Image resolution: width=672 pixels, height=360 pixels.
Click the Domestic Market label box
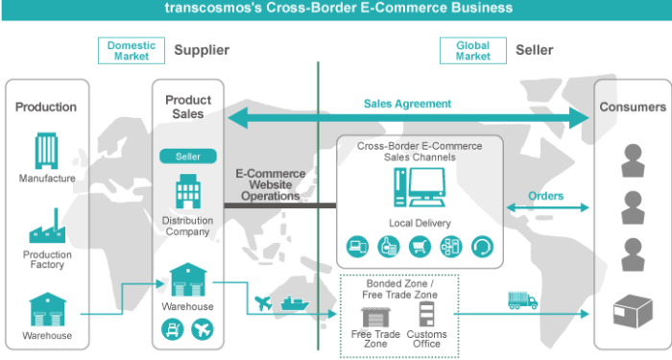tap(132, 51)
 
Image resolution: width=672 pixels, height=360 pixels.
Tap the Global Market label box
tap(472, 51)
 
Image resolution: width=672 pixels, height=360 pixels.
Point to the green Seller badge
tap(188, 156)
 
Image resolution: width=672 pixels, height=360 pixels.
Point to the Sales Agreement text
tap(407, 104)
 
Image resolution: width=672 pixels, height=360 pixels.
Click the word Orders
tap(546, 196)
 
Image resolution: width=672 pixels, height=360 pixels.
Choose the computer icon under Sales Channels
tap(419, 188)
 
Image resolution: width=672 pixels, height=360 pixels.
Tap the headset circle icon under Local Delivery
tap(481, 246)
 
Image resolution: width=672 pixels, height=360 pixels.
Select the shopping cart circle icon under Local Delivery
tap(419, 246)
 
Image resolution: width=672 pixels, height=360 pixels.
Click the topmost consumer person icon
tap(631, 159)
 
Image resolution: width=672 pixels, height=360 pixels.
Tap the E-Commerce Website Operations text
tap(271, 185)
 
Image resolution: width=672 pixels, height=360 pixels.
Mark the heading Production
tap(46, 108)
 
